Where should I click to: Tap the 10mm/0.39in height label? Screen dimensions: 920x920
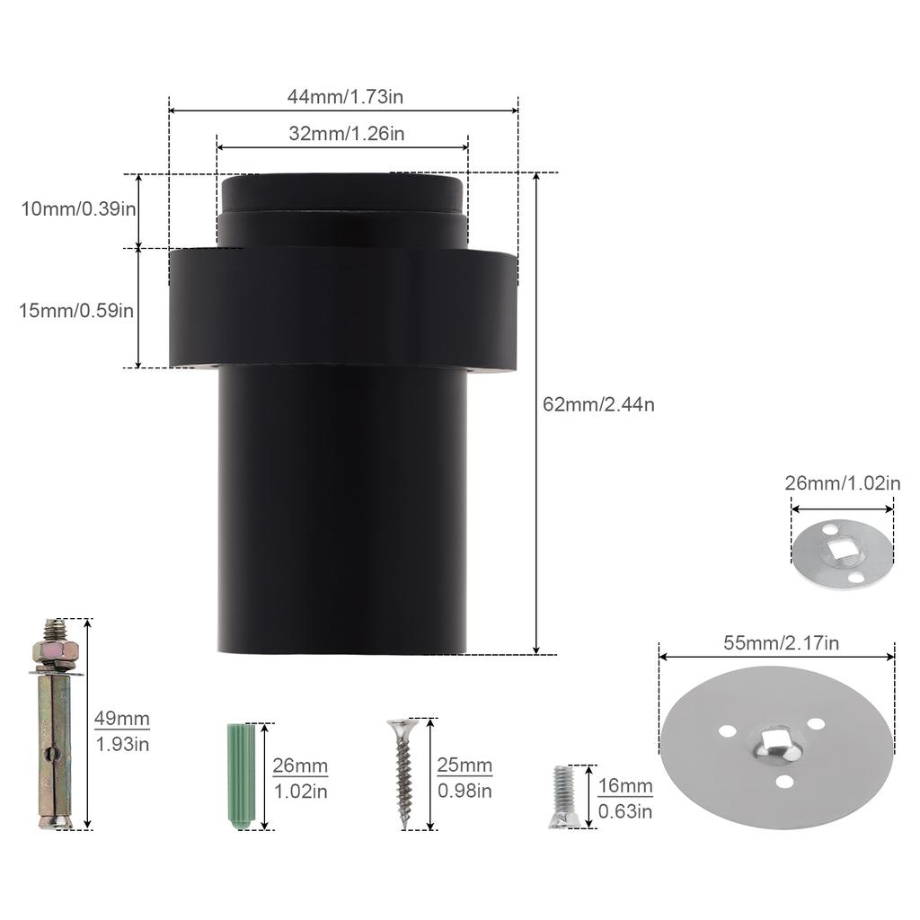click(79, 209)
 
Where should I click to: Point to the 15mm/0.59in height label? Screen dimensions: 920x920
click(77, 310)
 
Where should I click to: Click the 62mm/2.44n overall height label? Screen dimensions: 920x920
click(598, 404)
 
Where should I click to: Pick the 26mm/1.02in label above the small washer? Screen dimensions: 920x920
click(842, 483)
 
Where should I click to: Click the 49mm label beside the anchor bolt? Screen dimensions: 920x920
click(122, 719)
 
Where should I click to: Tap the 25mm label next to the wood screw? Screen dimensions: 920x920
click(464, 766)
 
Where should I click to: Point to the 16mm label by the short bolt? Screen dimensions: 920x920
click(625, 787)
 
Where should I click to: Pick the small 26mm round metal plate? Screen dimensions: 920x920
click(843, 555)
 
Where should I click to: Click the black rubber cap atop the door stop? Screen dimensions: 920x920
click(341, 193)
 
